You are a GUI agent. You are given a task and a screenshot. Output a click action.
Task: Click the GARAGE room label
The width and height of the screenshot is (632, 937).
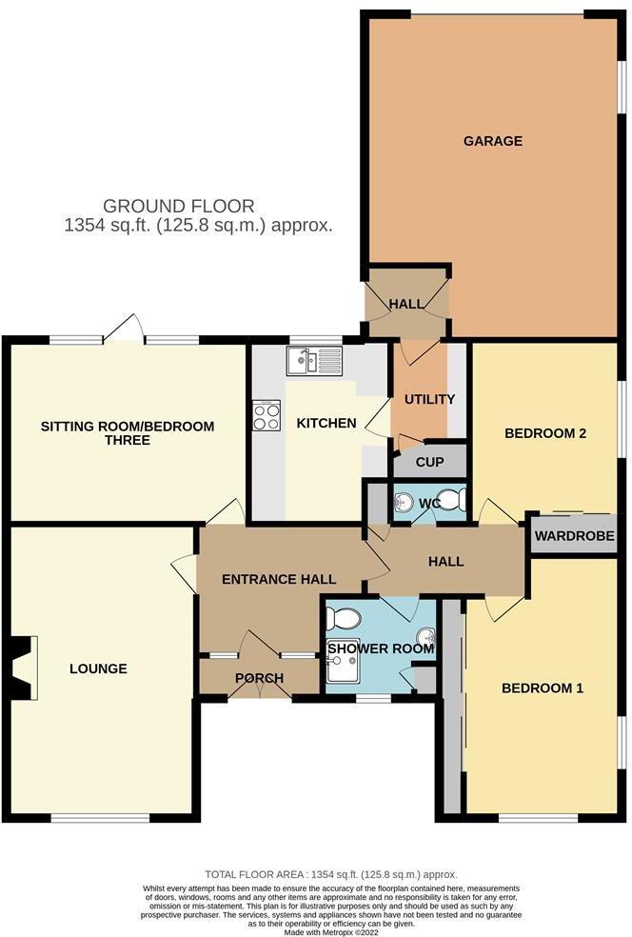(x=492, y=141)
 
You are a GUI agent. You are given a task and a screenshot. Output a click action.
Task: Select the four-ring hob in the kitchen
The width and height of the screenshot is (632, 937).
(x=266, y=417)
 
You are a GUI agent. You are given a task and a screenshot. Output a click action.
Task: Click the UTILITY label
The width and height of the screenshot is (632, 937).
(x=429, y=399)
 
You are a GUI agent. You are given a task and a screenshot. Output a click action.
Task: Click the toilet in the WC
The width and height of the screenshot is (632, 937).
(x=452, y=501)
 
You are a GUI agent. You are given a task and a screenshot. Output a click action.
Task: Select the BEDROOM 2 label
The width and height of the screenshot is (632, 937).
(x=544, y=433)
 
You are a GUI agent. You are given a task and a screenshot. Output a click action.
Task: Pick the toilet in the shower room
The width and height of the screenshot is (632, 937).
(x=341, y=619)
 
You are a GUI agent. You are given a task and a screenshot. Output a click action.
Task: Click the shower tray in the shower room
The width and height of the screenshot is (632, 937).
(x=343, y=671)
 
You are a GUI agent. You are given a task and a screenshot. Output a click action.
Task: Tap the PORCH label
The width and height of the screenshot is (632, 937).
(x=258, y=679)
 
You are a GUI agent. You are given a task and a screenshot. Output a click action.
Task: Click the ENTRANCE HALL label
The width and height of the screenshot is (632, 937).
(x=278, y=579)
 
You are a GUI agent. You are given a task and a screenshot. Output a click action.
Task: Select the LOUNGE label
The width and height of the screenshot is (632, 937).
(x=98, y=668)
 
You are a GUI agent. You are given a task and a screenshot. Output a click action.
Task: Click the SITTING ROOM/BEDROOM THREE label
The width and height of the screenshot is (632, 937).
(x=127, y=433)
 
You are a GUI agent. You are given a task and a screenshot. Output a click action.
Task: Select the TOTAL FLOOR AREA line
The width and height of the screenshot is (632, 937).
(x=330, y=874)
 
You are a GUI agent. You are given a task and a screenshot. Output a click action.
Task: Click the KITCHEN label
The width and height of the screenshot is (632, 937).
(x=326, y=423)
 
